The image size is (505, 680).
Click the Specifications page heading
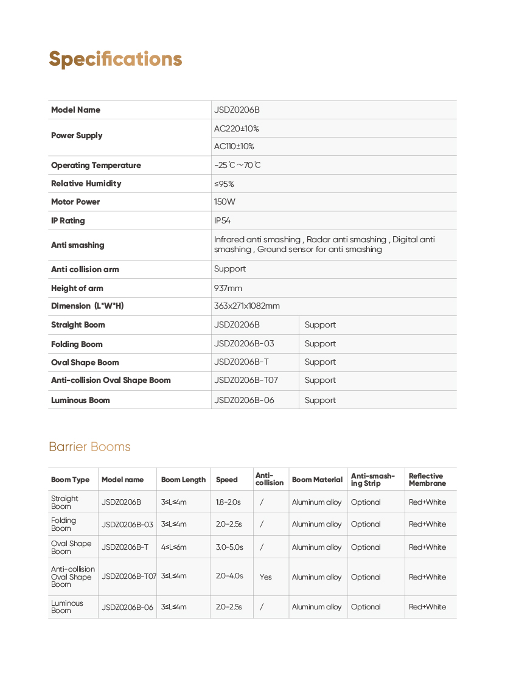pos(116,59)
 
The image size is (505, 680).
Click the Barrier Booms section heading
pos(89,447)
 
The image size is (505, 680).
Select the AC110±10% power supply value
pos(234,147)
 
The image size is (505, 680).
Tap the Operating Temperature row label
pos(96,166)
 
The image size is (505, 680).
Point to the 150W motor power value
pos(225,202)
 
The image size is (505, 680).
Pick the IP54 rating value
pos(223,221)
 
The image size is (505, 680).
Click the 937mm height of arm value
pos(228,289)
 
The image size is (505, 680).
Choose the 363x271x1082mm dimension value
pos(247,306)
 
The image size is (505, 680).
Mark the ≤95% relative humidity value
pos(225,184)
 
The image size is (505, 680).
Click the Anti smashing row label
pos(78,245)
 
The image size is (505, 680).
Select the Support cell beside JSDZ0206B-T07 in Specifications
pos(320,380)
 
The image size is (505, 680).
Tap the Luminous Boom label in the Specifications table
pos(81,401)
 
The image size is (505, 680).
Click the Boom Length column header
pos(183,480)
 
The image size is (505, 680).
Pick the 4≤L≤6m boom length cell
pos(174,547)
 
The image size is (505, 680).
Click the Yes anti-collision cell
pos(266,577)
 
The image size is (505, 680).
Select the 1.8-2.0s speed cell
pos(228,502)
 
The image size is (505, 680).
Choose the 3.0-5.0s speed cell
pos(229,547)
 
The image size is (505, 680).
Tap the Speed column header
pos(227,480)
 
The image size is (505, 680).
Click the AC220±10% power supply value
pos(237,129)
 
